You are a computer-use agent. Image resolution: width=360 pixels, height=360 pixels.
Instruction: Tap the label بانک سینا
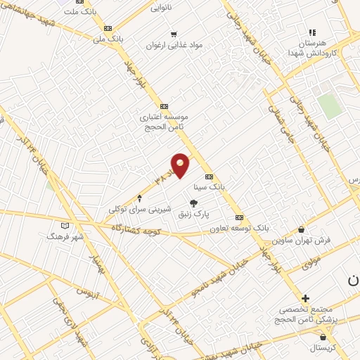click(x=210, y=188)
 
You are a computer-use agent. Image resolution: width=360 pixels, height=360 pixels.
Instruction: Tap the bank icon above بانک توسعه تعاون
click(x=239, y=217)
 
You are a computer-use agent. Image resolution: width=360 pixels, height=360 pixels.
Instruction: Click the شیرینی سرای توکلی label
click(x=139, y=209)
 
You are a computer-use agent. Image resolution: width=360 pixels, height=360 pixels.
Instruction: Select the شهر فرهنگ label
click(x=65, y=237)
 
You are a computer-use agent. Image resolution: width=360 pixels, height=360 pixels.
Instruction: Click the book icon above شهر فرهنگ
click(x=65, y=226)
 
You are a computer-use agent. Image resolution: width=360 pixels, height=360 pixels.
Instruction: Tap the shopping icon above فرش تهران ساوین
click(x=302, y=229)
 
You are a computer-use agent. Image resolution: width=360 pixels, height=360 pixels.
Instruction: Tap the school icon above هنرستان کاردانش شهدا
click(x=312, y=32)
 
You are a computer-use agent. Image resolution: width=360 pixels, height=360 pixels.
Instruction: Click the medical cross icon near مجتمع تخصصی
click(x=305, y=298)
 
